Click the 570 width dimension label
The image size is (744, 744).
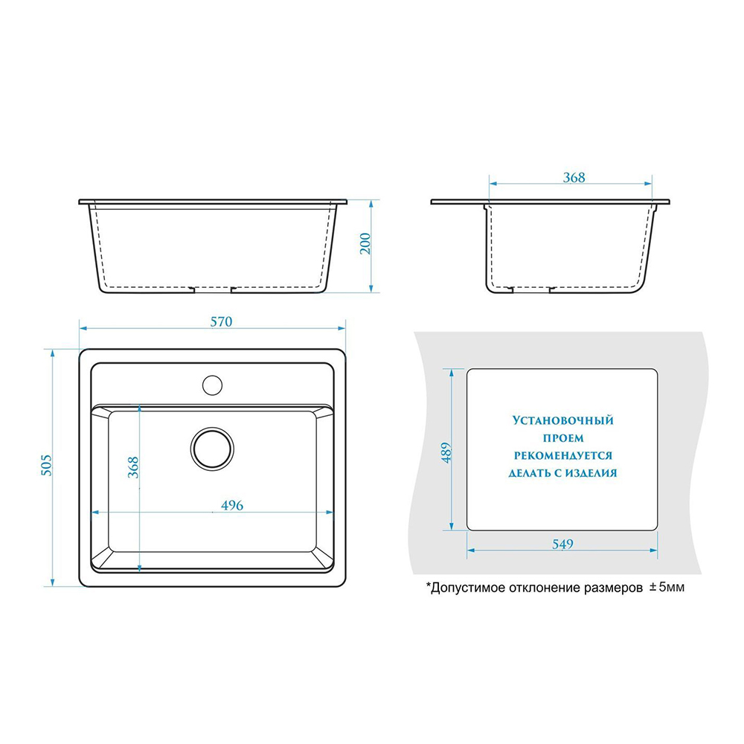point(221,321)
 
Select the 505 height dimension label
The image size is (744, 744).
point(45,465)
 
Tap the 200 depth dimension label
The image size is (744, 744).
point(365,244)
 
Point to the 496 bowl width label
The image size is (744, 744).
point(232,505)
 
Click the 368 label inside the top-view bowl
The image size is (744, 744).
point(133,467)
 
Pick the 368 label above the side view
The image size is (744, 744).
point(574,178)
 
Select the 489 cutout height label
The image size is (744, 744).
point(446,452)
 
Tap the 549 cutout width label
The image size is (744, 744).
point(562,544)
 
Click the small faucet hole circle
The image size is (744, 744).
point(212,385)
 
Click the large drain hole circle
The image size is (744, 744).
point(212,449)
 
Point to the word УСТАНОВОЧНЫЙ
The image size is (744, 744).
point(562,420)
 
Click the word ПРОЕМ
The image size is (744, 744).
point(563,438)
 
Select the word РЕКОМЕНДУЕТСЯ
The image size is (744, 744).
point(563,455)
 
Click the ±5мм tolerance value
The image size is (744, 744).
point(667,588)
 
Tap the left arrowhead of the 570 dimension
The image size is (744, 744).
point(83,328)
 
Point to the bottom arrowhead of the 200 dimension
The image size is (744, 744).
point(371,289)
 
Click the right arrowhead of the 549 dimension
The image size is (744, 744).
point(653,551)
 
